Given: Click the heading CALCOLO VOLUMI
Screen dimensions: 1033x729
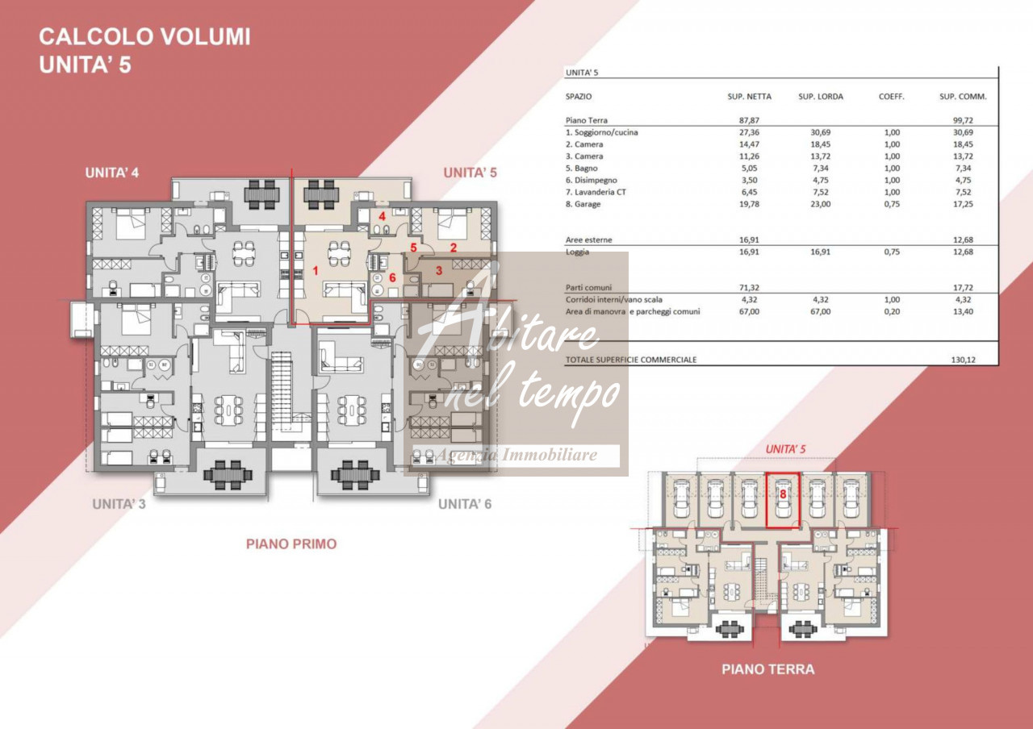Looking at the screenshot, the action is coord(144,37).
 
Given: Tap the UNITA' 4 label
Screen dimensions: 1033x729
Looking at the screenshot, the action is coord(112,173).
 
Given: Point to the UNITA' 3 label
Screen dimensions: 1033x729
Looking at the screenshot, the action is coord(119,504).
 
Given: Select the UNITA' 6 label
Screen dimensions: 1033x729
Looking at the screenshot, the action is coord(465,504).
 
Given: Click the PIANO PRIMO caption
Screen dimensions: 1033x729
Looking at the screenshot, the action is coord(291,544).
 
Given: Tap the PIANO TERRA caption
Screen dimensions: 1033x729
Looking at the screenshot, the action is coord(767,669).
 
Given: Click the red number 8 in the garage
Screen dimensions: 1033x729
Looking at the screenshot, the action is coord(783,494).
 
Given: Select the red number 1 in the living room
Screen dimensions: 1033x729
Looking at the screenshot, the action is coord(316,270).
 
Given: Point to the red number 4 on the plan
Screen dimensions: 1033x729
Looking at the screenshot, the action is coord(382,216).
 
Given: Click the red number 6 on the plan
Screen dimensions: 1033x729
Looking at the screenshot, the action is coord(392,277).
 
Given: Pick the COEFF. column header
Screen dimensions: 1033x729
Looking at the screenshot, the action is coord(892,97).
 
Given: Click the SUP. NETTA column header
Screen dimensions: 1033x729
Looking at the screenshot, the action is coord(750,97).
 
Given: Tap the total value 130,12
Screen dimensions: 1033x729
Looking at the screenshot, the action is coord(964,360).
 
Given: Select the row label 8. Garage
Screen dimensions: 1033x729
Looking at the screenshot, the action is coord(583,204).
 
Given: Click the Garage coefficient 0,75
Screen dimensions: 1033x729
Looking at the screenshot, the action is coord(892,204).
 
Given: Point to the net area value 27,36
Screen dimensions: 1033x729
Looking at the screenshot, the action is coord(750,132).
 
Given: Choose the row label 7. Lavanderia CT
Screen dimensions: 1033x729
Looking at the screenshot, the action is coord(596,192).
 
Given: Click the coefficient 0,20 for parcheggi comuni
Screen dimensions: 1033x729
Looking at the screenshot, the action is coord(892,311).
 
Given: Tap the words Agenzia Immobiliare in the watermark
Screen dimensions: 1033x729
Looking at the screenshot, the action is coord(516,455).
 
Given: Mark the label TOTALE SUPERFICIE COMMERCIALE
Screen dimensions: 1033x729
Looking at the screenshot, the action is coord(631,360).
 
